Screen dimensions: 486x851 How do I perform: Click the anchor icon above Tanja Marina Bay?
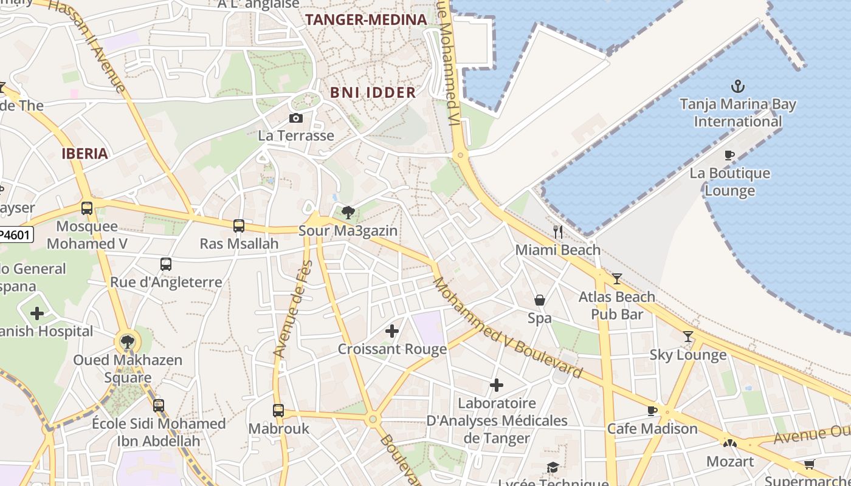(737, 86)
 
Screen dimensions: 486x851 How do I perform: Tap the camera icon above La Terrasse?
(296, 118)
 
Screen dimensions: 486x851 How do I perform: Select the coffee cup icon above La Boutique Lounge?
(729, 156)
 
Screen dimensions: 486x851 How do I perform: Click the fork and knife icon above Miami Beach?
(558, 232)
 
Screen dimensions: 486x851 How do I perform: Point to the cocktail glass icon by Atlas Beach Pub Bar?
(617, 279)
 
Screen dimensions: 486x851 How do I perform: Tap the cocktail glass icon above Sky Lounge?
(687, 337)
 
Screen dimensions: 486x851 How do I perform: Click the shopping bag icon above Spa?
(539, 300)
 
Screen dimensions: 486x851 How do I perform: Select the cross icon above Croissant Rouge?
(392, 331)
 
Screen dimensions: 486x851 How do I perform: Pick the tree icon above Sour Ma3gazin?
(348, 213)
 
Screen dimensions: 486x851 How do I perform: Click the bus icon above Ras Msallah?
(239, 226)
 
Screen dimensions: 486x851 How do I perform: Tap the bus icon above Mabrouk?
(278, 411)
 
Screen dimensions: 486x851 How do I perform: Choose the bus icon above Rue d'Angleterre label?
(166, 264)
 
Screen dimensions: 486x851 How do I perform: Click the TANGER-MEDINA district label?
(366, 19)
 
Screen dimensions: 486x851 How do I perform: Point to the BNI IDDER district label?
(373, 92)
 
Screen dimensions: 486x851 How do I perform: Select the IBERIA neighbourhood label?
(84, 154)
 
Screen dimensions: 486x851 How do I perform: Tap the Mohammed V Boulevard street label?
(507, 328)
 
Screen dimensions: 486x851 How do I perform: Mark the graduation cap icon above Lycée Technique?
(553, 467)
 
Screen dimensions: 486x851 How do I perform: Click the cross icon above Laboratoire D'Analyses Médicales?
(497, 385)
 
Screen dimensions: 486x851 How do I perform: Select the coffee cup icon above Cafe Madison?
(652, 411)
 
